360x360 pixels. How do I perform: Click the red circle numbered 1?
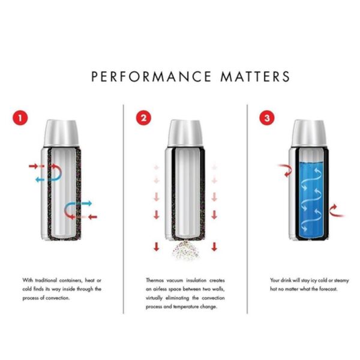(20, 118)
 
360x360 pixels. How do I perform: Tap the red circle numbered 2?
(144, 118)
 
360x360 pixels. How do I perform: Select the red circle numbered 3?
(267, 118)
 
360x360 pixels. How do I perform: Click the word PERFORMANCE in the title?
(151, 76)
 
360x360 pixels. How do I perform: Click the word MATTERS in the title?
(256, 76)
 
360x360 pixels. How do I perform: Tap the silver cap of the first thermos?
(61, 133)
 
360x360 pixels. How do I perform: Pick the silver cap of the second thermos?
(185, 133)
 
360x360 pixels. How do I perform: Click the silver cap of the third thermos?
(309, 133)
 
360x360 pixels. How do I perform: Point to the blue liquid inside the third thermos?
(311, 199)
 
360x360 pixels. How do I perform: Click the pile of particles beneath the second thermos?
(185, 251)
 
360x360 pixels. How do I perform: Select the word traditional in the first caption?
(46, 280)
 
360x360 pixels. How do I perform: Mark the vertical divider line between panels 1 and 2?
(123, 209)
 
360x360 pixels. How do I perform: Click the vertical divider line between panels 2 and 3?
(247, 209)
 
